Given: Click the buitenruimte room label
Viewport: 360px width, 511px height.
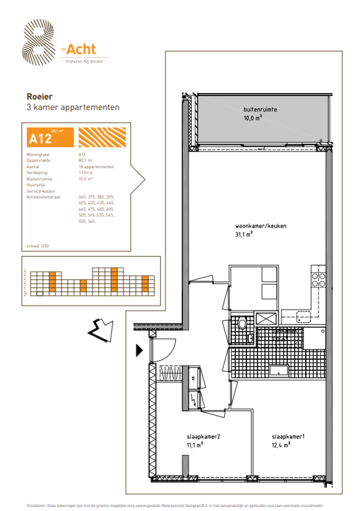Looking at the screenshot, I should pyautogui.click(x=260, y=110).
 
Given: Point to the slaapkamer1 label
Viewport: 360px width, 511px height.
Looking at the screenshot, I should pyautogui.click(x=288, y=437).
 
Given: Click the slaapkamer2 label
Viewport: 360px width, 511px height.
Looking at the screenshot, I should pyautogui.click(x=203, y=437).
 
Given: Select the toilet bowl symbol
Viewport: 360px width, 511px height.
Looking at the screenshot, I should pyautogui.click(x=242, y=323).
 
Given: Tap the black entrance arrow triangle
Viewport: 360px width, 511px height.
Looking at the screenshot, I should pyautogui.click(x=139, y=350).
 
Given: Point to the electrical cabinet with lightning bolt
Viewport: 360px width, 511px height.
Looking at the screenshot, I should pyautogui.click(x=194, y=400).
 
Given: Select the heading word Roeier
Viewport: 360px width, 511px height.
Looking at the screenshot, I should pyautogui.click(x=39, y=97).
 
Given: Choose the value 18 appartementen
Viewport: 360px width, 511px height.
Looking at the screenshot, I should pyautogui.click(x=96, y=166).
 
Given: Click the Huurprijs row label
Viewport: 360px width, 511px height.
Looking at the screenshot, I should pyautogui.click(x=37, y=185).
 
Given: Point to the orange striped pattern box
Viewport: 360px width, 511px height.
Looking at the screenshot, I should pyautogui.click(x=102, y=138).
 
